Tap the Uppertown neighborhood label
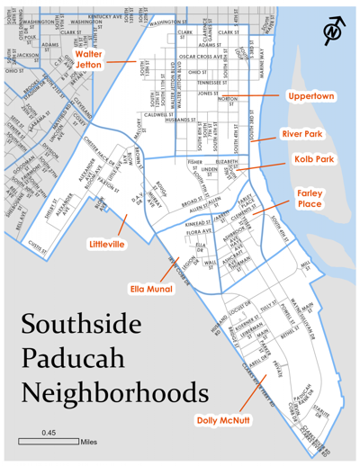(310, 95)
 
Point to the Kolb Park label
(313, 159)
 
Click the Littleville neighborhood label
(109, 244)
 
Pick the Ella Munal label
(153, 290)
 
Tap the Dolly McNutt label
(223, 418)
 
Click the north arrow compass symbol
(335, 27)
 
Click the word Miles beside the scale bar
(89, 442)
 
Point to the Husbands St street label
(183, 119)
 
